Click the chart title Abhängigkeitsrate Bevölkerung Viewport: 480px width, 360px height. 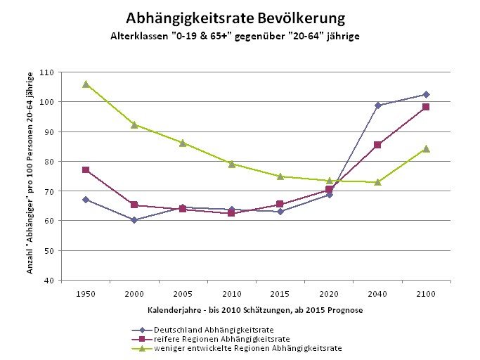pos(235,17)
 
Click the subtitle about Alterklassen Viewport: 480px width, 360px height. pos(235,36)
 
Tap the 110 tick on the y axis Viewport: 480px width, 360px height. pos(47,72)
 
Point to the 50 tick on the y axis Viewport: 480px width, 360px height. pos(49,250)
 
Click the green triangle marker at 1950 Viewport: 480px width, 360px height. pos(86,84)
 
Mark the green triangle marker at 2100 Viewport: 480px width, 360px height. pos(426,148)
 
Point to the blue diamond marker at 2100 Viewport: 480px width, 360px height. pos(426,94)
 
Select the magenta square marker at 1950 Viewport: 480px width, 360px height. pos(86,169)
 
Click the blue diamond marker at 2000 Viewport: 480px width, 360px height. pos(134,220)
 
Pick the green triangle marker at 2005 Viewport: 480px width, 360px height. pos(183,143)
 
